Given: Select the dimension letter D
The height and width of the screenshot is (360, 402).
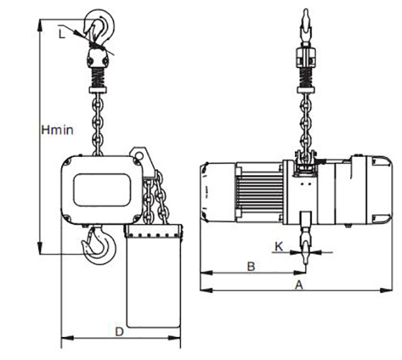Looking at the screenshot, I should pyautogui.click(x=119, y=331).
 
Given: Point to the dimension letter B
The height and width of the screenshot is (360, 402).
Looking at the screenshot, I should pyautogui.click(x=251, y=266).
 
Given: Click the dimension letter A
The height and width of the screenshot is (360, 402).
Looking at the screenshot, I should pyautogui.click(x=297, y=286).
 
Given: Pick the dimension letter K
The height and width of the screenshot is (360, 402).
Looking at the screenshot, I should pyautogui.click(x=278, y=246).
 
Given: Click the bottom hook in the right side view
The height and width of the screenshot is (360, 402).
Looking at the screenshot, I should pyautogui.click(x=306, y=248).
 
